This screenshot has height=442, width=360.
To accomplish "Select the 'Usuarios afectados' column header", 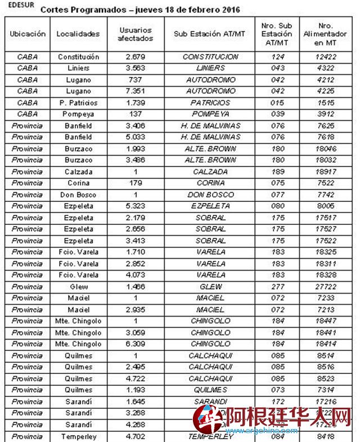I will [135, 34].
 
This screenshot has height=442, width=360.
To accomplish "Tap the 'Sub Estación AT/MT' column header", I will [210, 34].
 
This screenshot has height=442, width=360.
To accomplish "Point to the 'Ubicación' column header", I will [28, 34].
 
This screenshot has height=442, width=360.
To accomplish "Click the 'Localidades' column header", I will [78, 34].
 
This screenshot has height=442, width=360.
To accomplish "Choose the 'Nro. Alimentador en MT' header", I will [326, 34].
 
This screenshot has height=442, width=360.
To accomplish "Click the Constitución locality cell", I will [78, 57].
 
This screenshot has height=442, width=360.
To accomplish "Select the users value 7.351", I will [135, 91].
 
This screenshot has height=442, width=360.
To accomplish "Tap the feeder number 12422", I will [326, 57].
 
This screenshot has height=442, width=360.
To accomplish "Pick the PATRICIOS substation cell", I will [210, 103].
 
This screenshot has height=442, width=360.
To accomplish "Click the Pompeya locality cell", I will [78, 114].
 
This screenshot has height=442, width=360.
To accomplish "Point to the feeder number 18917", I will [326, 172].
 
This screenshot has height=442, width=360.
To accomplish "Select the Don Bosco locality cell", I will [78, 195].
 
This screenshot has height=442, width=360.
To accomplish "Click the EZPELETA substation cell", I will [210, 206].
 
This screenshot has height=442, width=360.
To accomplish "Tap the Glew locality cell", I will [78, 286].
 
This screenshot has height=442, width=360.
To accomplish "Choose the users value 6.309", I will [135, 344].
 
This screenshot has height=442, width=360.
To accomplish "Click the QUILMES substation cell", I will [210, 390].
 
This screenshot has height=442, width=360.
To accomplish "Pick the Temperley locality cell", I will [78, 436].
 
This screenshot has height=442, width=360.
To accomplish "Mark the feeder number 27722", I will [326, 286].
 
